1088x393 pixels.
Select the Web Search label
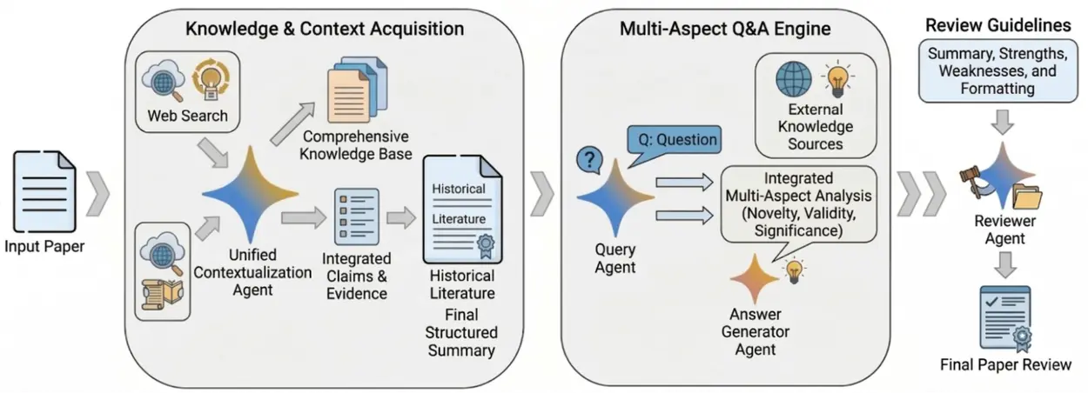pyautogui.click(x=187, y=116)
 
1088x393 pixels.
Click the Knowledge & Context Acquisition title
pyautogui.click(x=325, y=29)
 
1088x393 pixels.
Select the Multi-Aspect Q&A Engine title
pyautogui.click(x=725, y=29)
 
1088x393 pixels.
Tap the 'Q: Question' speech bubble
pyautogui.click(x=675, y=140)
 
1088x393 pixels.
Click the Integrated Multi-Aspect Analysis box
pyautogui.click(x=803, y=203)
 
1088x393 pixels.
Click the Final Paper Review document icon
pyautogui.click(x=1003, y=317)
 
